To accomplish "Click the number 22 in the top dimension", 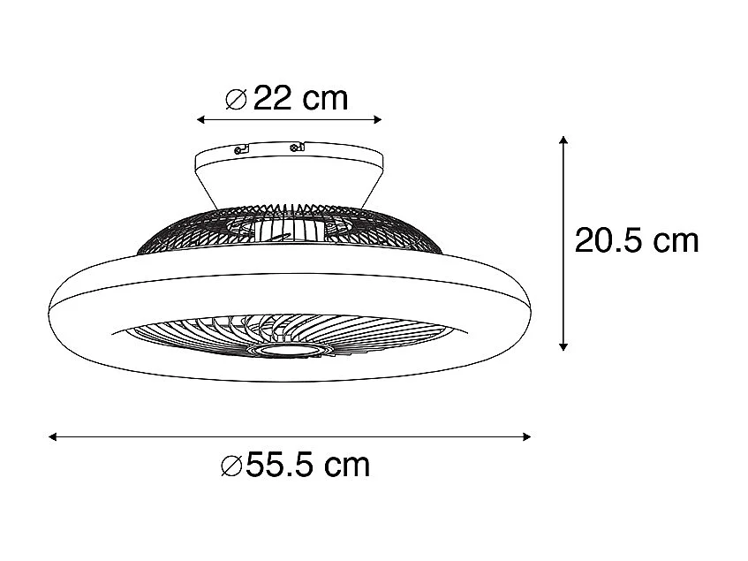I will (x=273, y=98).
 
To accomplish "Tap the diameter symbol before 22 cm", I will (x=236, y=99).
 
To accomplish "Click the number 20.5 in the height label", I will (x=608, y=240).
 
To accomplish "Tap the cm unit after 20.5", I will (x=675, y=240).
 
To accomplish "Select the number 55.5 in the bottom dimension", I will (x=283, y=464).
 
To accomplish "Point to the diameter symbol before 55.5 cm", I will (x=230, y=465).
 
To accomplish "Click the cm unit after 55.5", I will (x=347, y=464).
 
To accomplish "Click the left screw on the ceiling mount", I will (x=238, y=150).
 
